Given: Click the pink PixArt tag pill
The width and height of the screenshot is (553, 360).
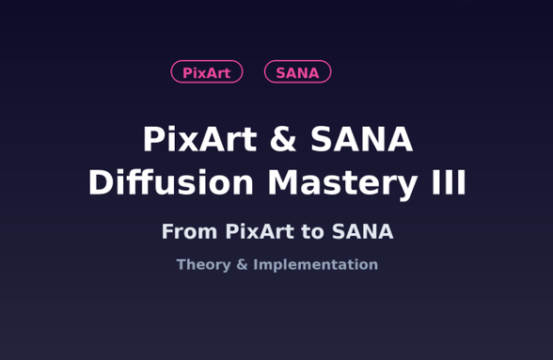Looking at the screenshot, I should coord(207,72).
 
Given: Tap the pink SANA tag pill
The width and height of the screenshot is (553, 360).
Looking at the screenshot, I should coord(297,72).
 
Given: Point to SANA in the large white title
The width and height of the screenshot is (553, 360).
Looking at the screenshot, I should coord(362,140).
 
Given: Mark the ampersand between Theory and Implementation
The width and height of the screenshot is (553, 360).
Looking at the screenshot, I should coord(242,265).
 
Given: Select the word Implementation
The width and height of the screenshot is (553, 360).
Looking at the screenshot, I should coord(315,265).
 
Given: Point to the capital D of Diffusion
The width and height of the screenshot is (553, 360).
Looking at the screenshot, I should coord(100,183).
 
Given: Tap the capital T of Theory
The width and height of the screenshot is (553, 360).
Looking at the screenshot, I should coord(182,265).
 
